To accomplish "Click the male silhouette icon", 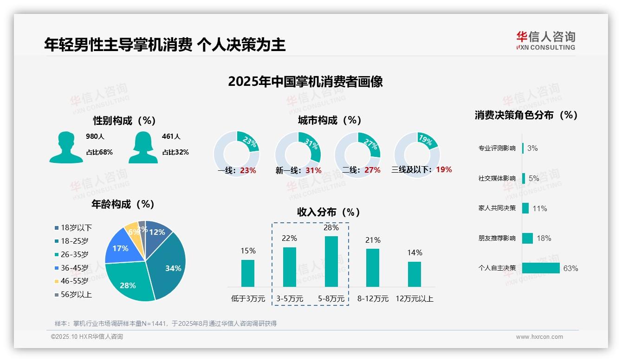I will click(66, 147).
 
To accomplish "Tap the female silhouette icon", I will click(143, 147).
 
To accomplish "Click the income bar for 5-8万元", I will click(331, 261).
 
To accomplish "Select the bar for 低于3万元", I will click(248, 273).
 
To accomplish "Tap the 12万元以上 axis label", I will click(414, 299).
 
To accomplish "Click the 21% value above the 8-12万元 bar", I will click(373, 240).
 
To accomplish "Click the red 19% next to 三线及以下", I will click(444, 169).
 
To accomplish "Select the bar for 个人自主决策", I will click(541, 268).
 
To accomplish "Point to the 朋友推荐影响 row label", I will click(497, 238).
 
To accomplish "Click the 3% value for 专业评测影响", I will click(532, 148).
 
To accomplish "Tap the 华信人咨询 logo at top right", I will click(546, 40).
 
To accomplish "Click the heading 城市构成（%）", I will click(330, 120).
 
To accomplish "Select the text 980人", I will click(95, 136).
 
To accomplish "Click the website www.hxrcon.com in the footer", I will click(539, 337).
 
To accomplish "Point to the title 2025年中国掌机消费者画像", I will click(305, 82).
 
